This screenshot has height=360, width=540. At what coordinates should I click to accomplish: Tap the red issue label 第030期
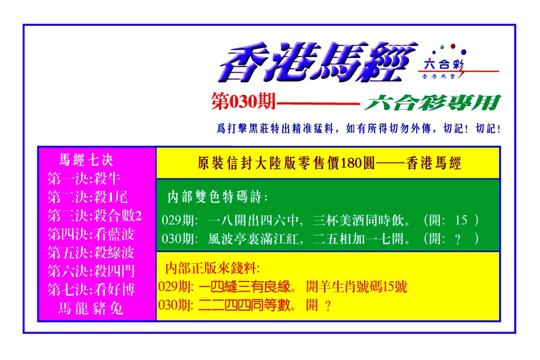tap(243, 102)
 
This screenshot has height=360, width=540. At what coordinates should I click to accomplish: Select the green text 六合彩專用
tap(432, 103)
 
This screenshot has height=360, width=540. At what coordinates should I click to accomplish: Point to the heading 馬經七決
tap(86, 160)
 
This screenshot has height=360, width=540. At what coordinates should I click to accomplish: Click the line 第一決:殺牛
tap(83, 178)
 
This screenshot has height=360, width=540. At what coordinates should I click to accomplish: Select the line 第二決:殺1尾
tap(87, 197)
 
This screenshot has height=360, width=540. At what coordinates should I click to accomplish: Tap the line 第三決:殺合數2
tap(94, 216)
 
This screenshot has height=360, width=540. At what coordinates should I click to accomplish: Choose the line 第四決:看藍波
tap(91, 234)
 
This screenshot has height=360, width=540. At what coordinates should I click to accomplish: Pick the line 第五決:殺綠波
tap(91, 253)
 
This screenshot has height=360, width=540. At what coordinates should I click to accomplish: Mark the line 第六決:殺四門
tap(91, 271)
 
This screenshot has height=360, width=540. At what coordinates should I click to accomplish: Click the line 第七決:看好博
tap(91, 290)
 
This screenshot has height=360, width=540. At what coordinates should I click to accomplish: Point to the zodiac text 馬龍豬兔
tap(91, 308)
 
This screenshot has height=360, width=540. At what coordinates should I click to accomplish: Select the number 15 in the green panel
tap(461, 220)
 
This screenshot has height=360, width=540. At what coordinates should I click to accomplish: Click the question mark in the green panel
tap(458, 239)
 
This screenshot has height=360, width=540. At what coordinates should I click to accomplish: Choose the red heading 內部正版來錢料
tap(212, 268)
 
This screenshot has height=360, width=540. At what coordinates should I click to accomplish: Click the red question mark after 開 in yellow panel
tap(328, 305)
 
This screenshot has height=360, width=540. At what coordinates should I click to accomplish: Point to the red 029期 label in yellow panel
tap(176, 287)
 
